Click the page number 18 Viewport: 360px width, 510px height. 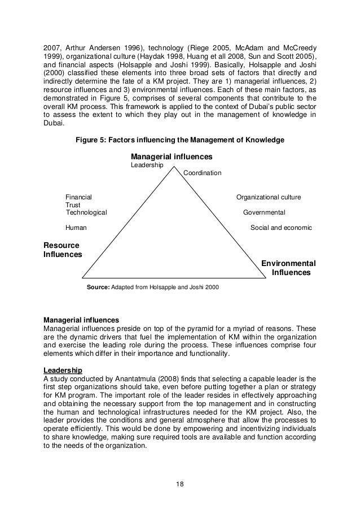click(x=179, y=483)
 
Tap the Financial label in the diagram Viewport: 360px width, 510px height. click(x=78, y=197)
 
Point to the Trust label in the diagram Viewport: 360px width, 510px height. click(x=73, y=205)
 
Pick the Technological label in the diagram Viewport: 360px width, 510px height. click(x=86, y=212)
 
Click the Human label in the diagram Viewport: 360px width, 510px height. click(x=76, y=228)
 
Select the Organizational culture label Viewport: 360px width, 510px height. click(x=269, y=197)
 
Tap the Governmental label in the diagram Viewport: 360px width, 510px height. click(x=264, y=212)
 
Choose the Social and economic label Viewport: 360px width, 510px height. click(x=281, y=228)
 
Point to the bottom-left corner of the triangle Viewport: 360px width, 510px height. click(x=82, y=277)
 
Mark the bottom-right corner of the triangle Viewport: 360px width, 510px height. click(x=266, y=277)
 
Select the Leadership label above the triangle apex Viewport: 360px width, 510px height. click(x=147, y=165)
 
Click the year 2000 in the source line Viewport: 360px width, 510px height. click(x=212, y=287)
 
